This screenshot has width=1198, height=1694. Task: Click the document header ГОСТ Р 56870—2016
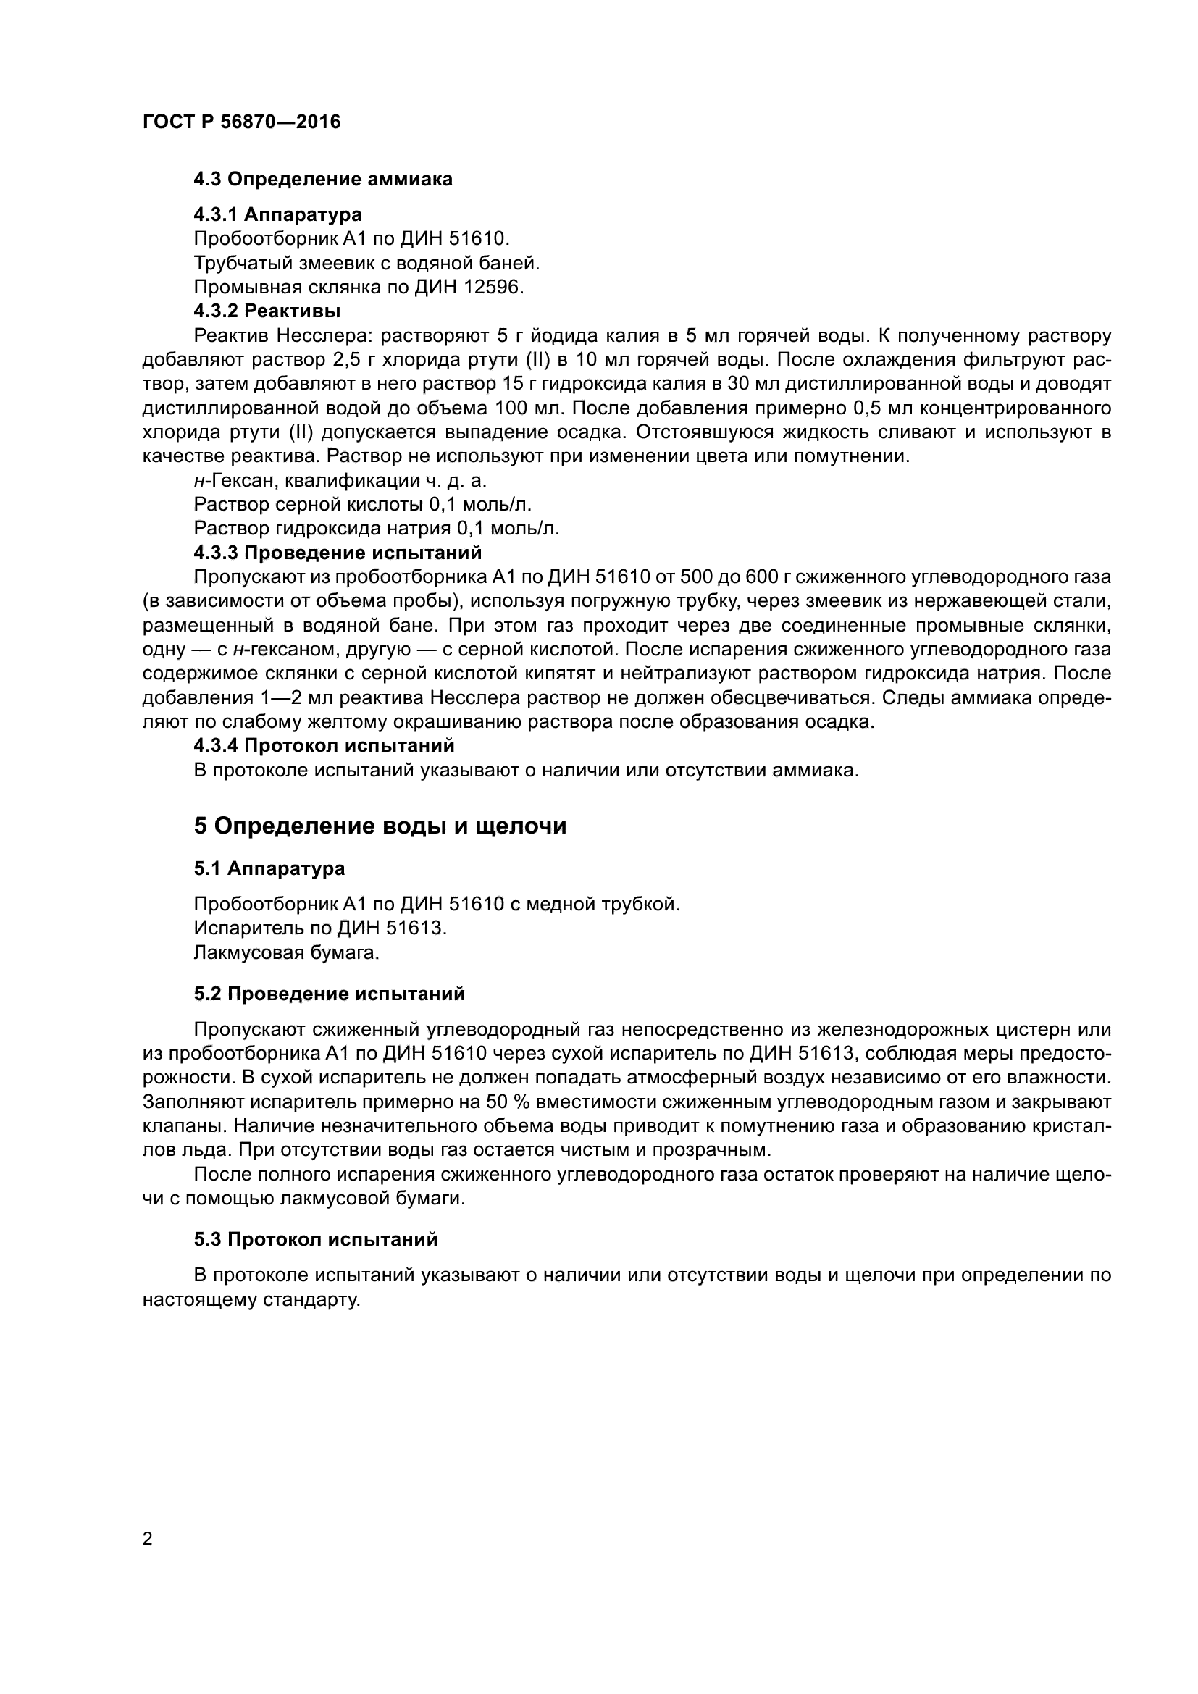pos(241,122)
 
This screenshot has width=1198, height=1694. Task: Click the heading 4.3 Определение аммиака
pos(322,180)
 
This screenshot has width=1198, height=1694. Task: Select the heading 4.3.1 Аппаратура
pos(277,214)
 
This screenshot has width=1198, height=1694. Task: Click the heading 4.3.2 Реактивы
pos(267,311)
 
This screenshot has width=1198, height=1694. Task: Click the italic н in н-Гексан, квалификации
pos(198,481)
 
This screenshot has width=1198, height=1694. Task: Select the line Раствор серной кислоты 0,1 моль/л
pos(362,505)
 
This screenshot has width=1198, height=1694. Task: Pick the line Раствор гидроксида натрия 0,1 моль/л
pos(376,528)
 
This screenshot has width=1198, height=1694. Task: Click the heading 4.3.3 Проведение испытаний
pos(337,553)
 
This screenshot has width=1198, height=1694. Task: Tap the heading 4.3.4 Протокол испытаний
pos(324,746)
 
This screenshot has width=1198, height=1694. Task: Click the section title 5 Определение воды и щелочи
pos(380,826)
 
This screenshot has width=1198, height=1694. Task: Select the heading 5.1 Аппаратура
pos(269,868)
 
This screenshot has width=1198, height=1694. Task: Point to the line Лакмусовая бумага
pos(286,952)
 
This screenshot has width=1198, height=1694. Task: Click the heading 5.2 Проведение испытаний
pos(329,994)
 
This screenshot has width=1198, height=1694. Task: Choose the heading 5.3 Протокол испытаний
pos(316,1239)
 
